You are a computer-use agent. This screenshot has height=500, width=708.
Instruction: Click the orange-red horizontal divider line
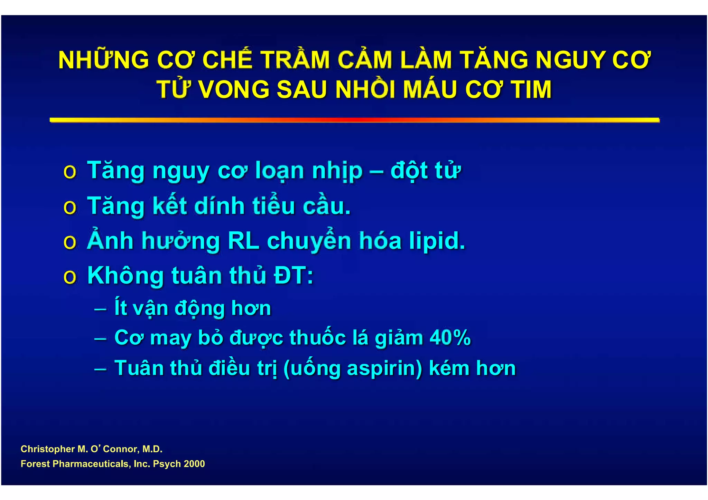tap(354, 120)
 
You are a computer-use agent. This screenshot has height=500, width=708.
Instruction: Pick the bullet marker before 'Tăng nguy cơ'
tap(70, 172)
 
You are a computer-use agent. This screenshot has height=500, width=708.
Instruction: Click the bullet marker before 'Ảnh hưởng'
tap(70, 242)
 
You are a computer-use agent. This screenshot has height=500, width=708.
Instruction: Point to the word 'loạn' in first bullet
tap(279, 171)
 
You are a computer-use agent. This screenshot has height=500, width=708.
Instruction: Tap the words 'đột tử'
tap(426, 171)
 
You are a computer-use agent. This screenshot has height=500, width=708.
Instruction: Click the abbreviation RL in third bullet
tap(243, 241)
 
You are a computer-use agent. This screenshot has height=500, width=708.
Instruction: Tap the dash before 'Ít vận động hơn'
tap(100, 308)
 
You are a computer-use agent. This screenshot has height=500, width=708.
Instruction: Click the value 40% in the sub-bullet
tap(450, 337)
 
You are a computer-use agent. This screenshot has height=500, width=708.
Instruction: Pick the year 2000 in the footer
tap(194, 464)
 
